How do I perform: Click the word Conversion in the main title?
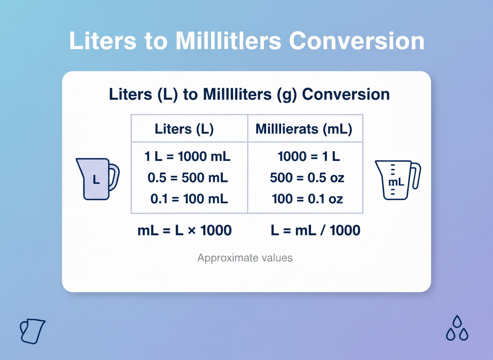point(356,41)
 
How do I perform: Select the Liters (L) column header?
point(184,129)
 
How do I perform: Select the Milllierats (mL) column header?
point(304,129)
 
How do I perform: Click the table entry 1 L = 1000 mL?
point(187,157)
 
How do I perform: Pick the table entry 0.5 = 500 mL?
point(188,178)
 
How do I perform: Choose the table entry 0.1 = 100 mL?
point(189,199)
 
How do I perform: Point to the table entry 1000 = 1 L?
point(309,157)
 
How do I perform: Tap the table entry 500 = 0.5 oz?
point(307,178)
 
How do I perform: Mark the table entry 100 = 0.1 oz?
point(307,199)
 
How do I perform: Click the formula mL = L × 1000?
point(184,230)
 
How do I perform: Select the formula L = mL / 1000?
point(315,230)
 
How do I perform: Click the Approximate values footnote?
point(245,258)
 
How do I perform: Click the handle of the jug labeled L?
point(114,177)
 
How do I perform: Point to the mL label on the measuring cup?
point(396,182)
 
